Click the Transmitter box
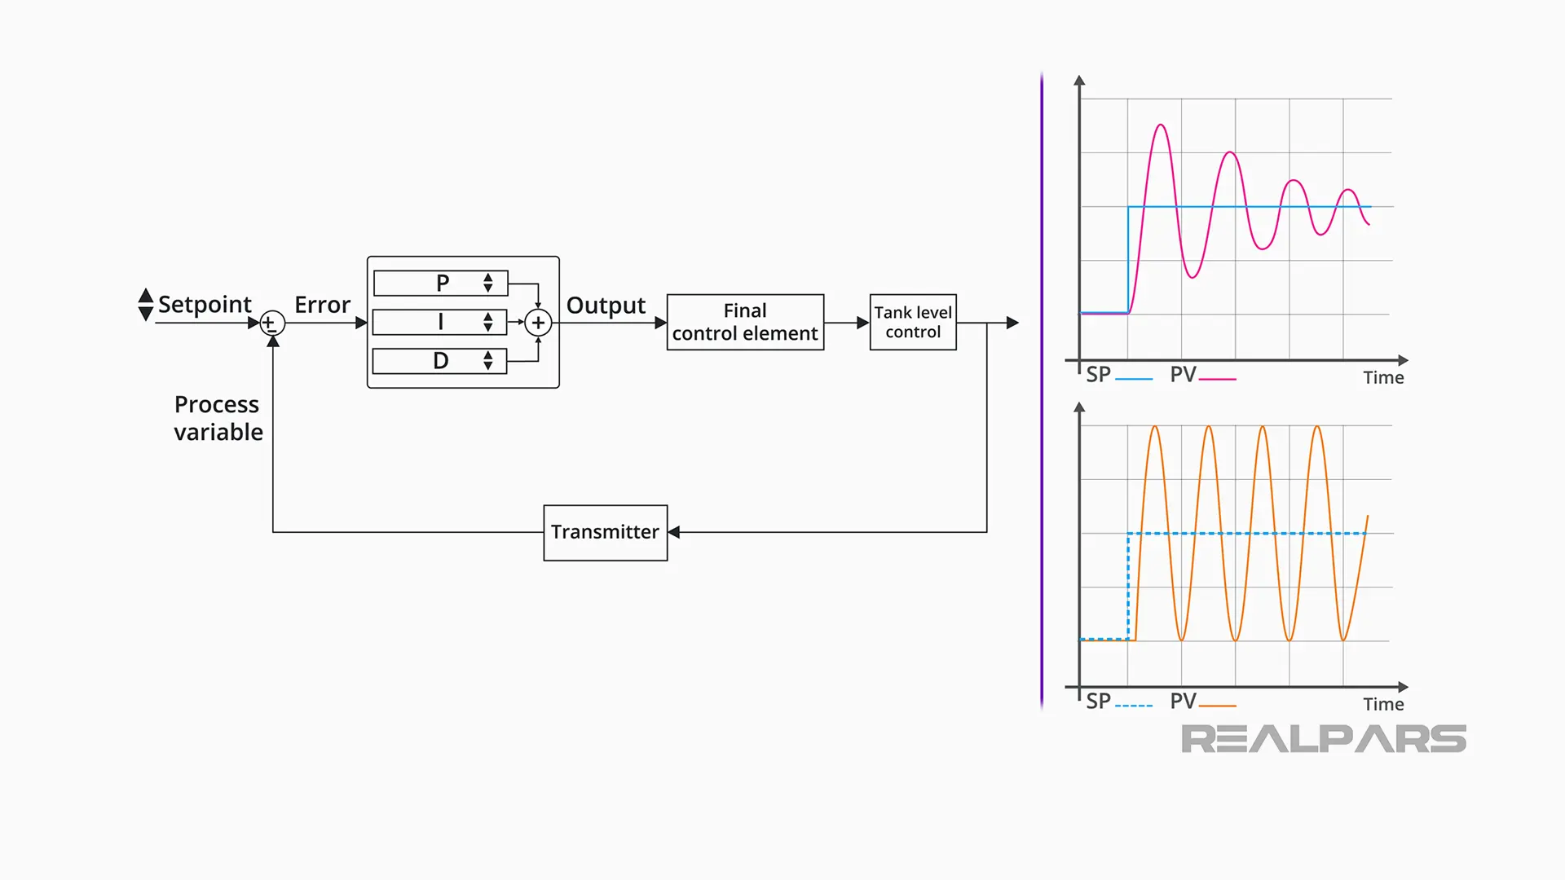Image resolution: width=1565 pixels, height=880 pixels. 605,532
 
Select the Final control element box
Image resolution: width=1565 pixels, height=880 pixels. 745,322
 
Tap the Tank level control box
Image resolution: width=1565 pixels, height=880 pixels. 912,322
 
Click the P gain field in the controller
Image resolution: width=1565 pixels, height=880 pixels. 440,283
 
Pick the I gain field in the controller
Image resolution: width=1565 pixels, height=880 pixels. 439,322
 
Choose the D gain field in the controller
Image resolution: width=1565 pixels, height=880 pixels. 439,361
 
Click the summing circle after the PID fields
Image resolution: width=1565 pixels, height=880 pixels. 538,323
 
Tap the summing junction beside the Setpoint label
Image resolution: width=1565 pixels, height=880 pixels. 272,323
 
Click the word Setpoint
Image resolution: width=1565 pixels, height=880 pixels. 205,304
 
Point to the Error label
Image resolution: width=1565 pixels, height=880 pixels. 322,305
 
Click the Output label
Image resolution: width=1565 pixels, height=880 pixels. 606,306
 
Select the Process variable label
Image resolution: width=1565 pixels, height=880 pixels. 218,418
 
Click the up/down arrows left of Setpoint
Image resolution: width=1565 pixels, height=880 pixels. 146,304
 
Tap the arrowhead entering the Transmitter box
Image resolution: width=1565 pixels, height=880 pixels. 674,532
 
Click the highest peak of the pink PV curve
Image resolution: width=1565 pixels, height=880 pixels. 1161,125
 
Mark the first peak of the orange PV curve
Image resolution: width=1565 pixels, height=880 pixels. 1155,427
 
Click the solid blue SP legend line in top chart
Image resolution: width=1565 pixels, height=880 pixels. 1134,379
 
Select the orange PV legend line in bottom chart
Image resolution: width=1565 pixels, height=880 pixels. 1218,706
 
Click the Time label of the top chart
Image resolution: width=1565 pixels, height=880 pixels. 1383,378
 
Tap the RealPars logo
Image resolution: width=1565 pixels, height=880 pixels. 1323,739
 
